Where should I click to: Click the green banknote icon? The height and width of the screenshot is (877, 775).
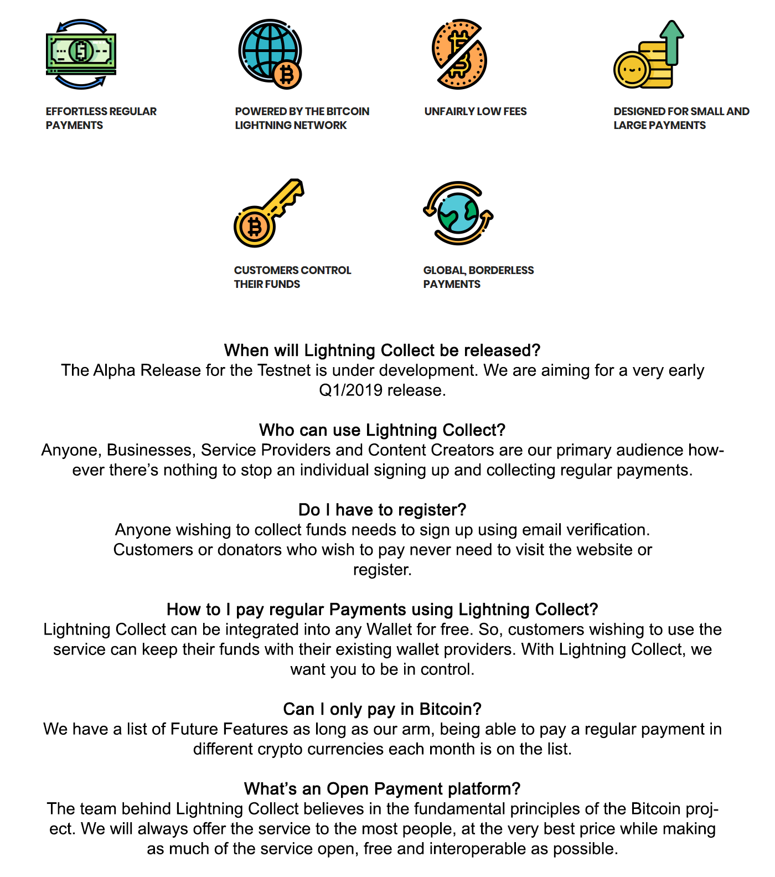[x=81, y=54]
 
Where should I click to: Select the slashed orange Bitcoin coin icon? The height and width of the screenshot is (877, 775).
[x=459, y=54]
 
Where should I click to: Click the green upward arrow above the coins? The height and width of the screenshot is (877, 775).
[x=672, y=42]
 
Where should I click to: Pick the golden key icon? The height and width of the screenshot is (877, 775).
[x=269, y=213]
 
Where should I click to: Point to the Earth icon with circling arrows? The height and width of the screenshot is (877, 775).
[x=458, y=213]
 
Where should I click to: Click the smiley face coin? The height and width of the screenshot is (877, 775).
[x=631, y=70]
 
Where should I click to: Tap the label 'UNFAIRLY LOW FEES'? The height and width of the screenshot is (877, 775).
[x=476, y=111]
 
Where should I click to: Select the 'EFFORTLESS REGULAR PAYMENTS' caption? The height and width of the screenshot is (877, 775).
[x=101, y=118]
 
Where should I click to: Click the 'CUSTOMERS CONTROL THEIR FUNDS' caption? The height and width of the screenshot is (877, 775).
[x=292, y=277]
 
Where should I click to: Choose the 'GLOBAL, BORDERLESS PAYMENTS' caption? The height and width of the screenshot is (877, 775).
[x=478, y=277]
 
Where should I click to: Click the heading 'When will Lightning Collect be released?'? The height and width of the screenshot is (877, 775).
[x=382, y=350]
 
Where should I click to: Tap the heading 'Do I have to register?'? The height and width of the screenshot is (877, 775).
[x=382, y=510]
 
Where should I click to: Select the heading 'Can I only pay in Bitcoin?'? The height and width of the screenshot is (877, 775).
[x=382, y=709]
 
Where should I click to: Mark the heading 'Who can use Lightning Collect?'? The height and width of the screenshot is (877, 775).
[x=382, y=430]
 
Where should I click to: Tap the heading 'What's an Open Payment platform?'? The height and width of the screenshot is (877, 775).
[x=382, y=789]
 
